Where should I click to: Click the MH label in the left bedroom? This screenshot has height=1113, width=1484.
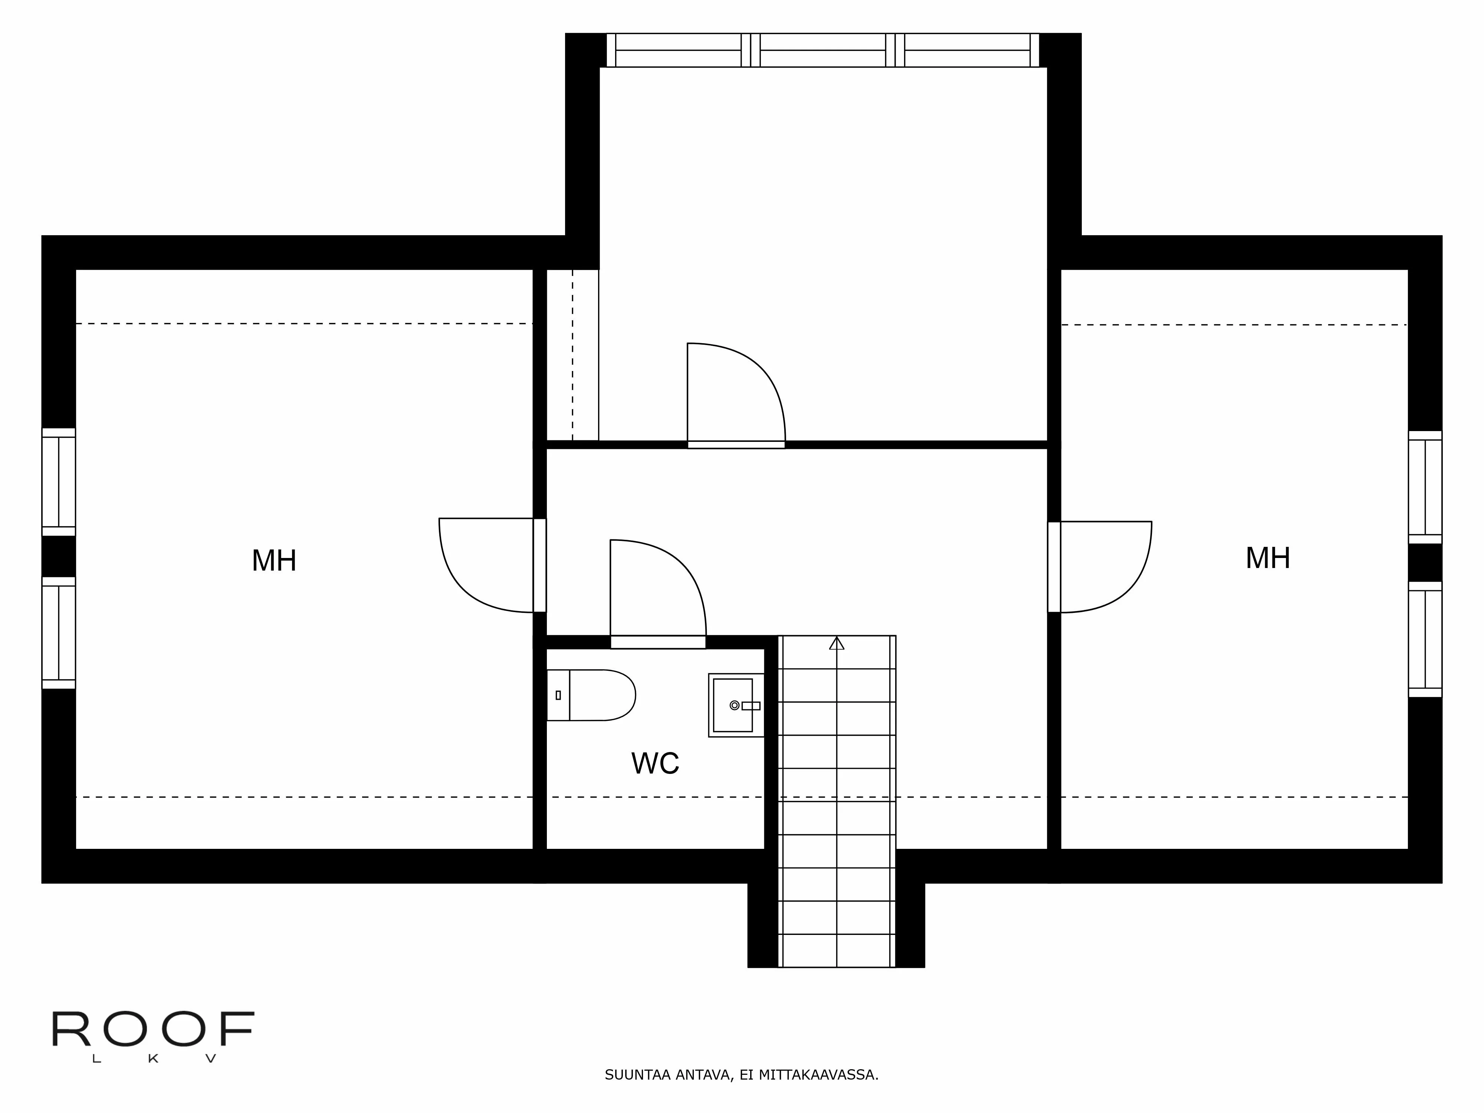tap(274, 561)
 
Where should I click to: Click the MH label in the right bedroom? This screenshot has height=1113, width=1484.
tap(1267, 558)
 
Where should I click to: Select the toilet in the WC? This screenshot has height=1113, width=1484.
tap(590, 695)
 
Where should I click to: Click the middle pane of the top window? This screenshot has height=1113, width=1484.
tap(823, 50)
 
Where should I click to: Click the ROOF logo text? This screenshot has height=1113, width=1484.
tap(153, 1030)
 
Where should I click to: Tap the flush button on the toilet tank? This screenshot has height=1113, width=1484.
tap(558, 695)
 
